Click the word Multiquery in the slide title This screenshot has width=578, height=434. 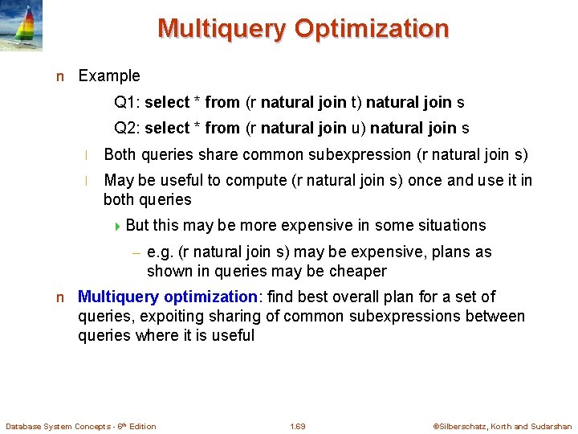click(222, 28)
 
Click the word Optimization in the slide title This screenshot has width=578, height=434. click(372, 28)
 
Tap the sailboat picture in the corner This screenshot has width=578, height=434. click(22, 26)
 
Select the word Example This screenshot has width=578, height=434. click(108, 76)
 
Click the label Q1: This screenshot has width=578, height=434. click(128, 103)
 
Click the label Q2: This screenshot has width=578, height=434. click(128, 129)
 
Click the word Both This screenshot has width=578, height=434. click(121, 154)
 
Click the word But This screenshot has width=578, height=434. click(139, 225)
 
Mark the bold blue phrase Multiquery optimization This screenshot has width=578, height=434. click(168, 297)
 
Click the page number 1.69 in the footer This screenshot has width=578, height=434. click(298, 426)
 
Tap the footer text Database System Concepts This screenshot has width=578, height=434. click(56, 426)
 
